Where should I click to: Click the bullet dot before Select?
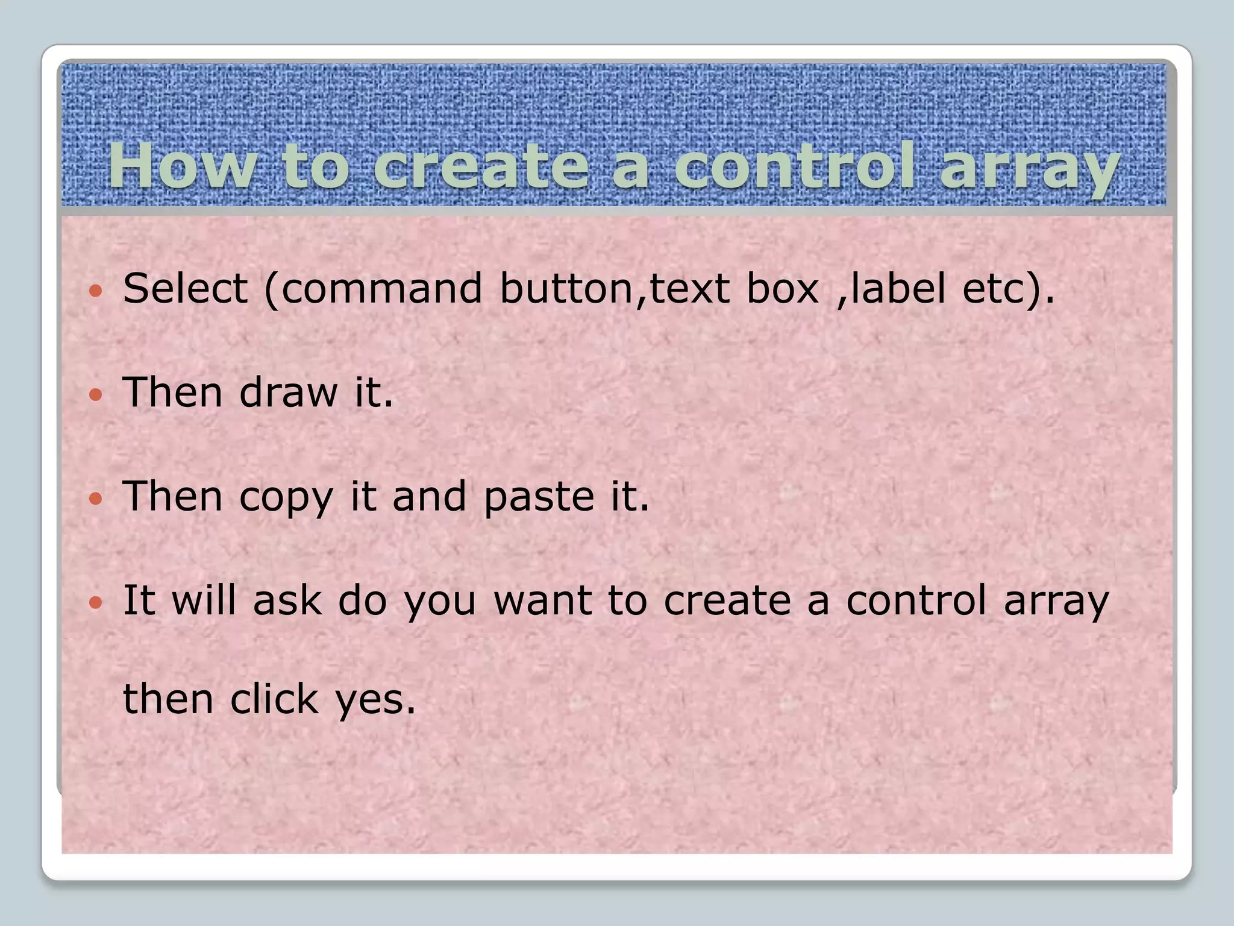click(x=96, y=292)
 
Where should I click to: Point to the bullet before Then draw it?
click(x=96, y=395)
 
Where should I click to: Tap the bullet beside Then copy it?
click(x=96, y=499)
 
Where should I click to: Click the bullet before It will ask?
click(x=96, y=602)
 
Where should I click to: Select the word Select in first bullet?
click(x=185, y=288)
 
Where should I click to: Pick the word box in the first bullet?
click(x=783, y=288)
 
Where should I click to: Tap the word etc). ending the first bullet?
click(x=1009, y=289)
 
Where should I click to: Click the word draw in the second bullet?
click(x=288, y=392)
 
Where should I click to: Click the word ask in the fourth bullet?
click(x=287, y=600)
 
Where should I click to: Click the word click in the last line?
click(x=274, y=699)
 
